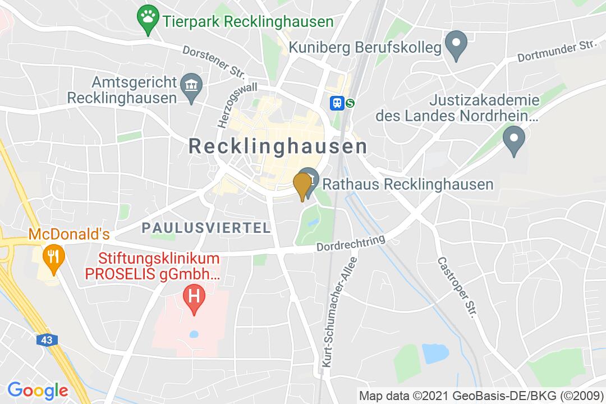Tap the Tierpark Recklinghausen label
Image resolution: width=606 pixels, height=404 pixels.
[248, 22]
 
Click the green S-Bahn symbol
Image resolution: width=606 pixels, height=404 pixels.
[351, 103]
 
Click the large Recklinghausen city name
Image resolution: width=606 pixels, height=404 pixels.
[278, 146]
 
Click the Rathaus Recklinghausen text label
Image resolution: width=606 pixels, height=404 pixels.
[407, 184]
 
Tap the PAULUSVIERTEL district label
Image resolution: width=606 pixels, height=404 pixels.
[206, 227]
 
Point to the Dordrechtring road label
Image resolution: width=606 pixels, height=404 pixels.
[351, 243]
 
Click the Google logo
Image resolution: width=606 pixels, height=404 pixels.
[38, 389]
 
